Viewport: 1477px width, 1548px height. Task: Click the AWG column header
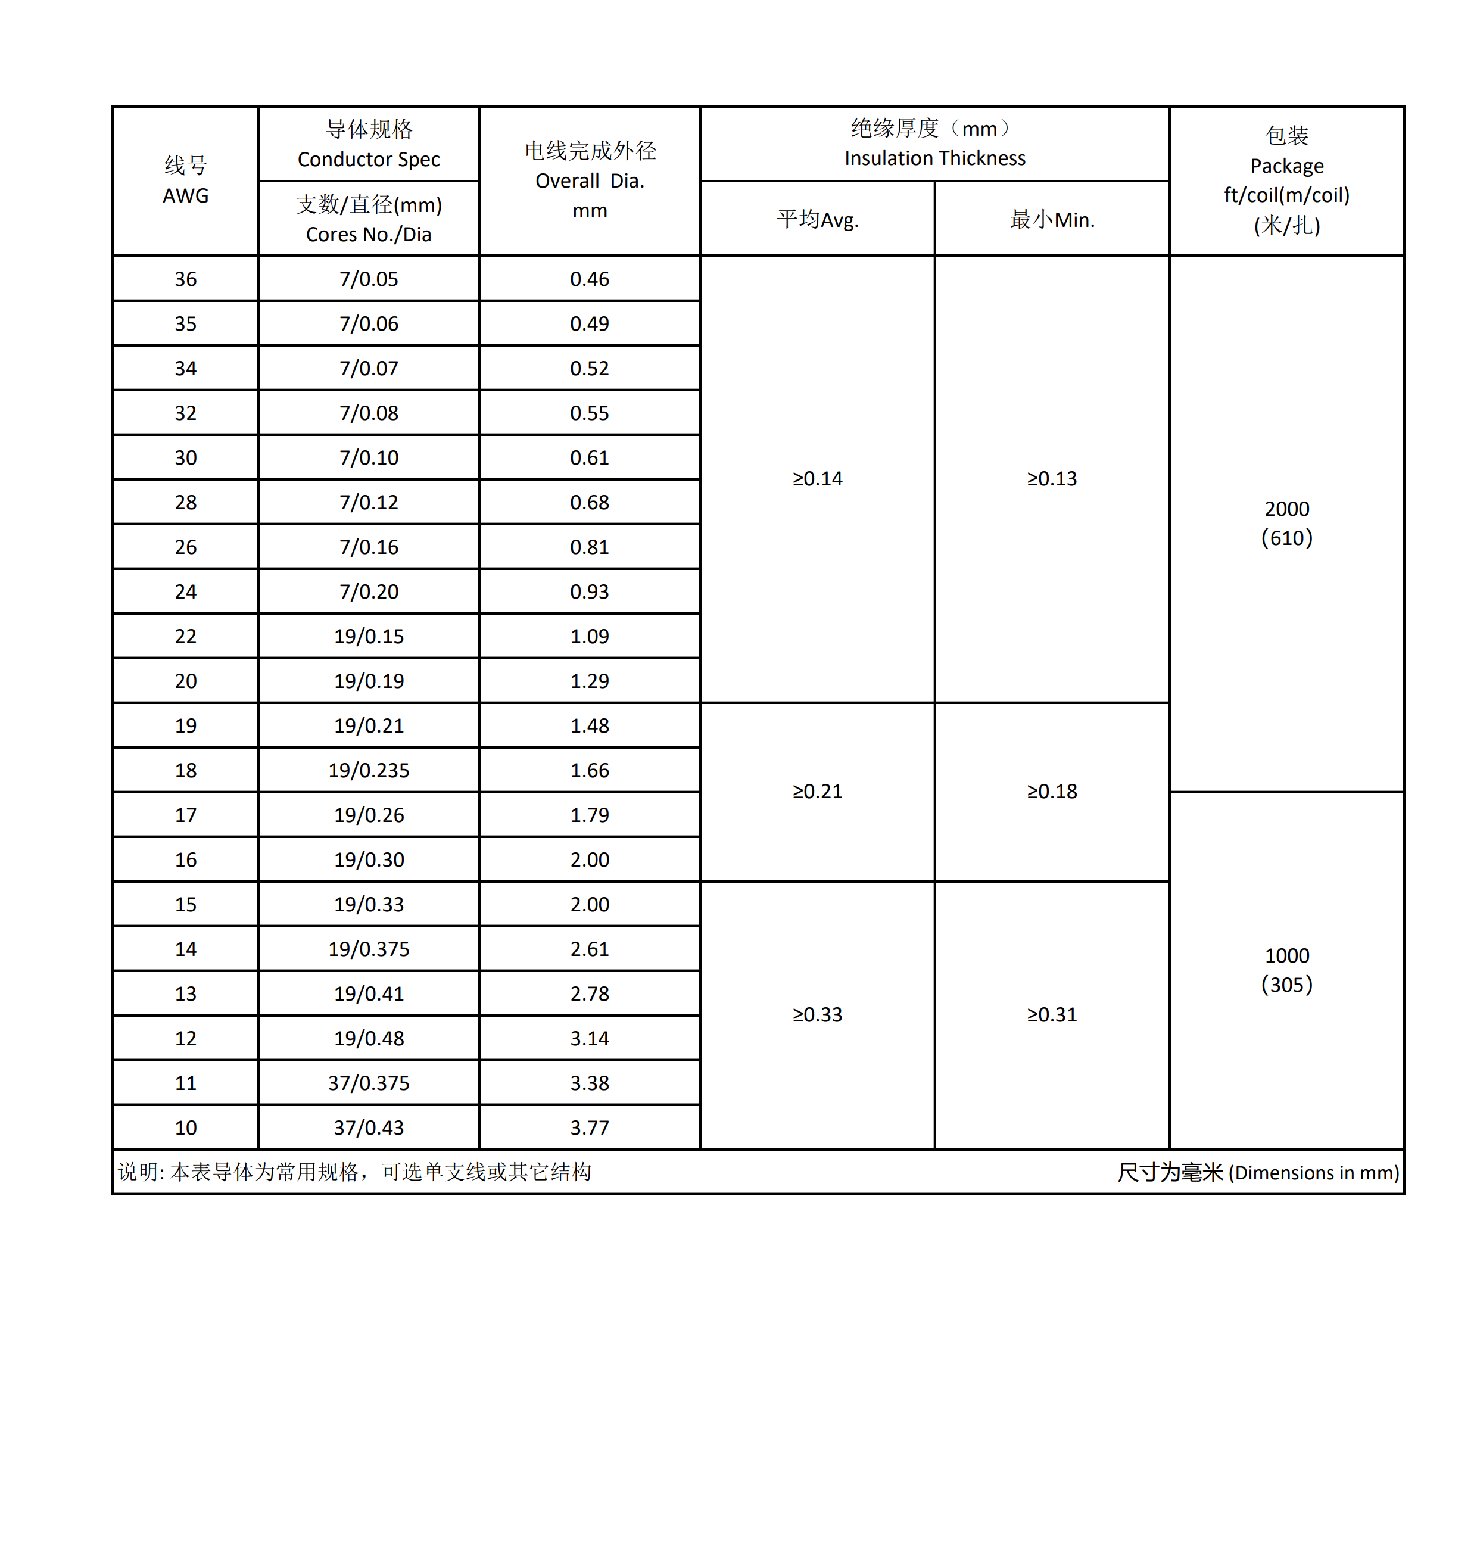(x=186, y=181)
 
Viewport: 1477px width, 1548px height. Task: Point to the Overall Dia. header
(x=590, y=181)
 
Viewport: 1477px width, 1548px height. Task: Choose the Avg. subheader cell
(x=817, y=220)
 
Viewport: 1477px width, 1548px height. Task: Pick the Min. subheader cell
(x=1052, y=220)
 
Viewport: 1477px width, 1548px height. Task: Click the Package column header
(x=1286, y=181)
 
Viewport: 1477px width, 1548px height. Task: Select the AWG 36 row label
(x=186, y=279)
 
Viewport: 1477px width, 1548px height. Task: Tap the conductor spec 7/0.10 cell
(x=369, y=457)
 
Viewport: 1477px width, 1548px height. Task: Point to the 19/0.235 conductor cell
(x=369, y=770)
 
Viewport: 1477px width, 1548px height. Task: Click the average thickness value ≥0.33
(x=817, y=1015)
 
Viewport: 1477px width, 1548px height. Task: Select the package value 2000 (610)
(x=1286, y=524)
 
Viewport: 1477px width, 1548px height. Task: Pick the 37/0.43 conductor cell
(x=369, y=1127)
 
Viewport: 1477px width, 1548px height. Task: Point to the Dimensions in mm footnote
(x=1257, y=1172)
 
